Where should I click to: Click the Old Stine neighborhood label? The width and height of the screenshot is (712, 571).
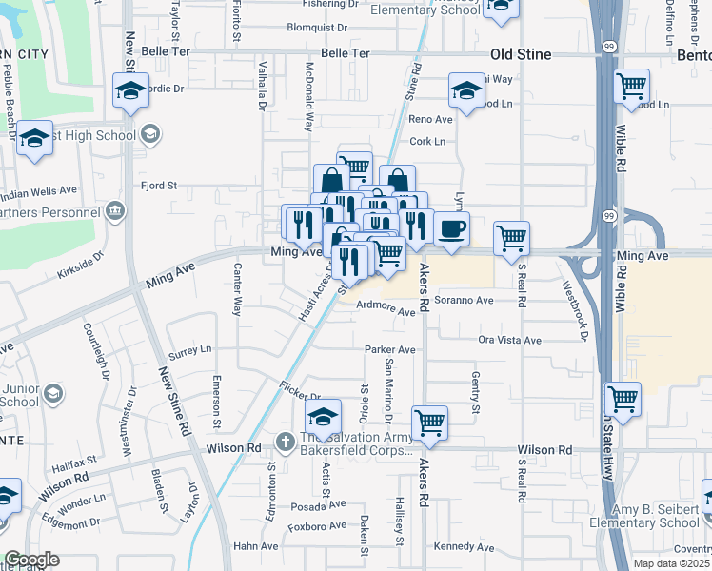coord(520,54)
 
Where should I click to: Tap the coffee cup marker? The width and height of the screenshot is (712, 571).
coord(451,229)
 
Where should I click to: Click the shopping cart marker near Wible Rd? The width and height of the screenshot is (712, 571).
coord(632,88)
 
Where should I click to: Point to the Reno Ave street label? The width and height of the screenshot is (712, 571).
coord(430,119)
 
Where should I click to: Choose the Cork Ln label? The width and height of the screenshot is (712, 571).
coord(427,142)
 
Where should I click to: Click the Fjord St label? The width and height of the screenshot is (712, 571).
coord(159,186)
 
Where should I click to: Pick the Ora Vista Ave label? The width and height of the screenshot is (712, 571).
coord(509,340)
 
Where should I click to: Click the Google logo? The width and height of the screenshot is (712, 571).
coord(31,560)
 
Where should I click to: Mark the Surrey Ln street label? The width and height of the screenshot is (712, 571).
coord(189,351)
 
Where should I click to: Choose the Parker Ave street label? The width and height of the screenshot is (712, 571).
coord(390,349)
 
